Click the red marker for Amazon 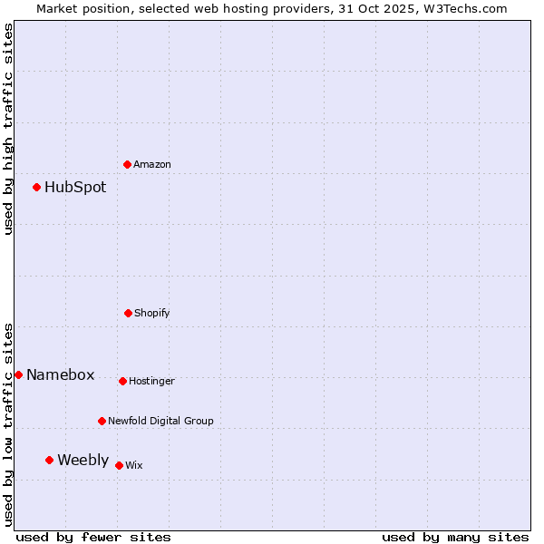coord(128,164)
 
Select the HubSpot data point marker coord(37,188)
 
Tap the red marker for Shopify coord(128,313)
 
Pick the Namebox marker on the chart coord(18,374)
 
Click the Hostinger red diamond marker coord(122,381)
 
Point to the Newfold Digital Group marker coord(102,421)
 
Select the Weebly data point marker coord(50,460)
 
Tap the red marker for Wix coord(119,465)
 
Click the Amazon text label coord(152,165)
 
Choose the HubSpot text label coord(75,188)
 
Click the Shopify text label coord(152,314)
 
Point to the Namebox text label coord(60,375)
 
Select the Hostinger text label coord(151,382)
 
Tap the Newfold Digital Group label coord(160,422)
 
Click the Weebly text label coord(83,461)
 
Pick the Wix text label coord(134,466)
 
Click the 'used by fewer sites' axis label coord(93,538)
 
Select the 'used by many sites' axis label coord(455,538)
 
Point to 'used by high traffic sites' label coord(8,129)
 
